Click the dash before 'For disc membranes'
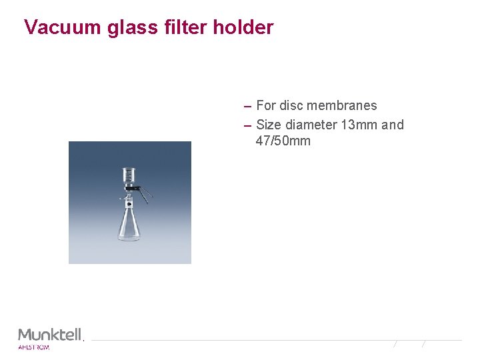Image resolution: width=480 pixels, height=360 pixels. click(247, 107)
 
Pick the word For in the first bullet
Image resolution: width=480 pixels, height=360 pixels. click(265, 105)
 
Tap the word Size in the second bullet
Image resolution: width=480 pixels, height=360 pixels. click(269, 125)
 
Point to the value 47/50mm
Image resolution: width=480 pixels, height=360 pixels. click(283, 141)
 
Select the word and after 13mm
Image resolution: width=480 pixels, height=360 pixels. click(393, 125)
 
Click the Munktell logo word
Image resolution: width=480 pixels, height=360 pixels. click(49, 334)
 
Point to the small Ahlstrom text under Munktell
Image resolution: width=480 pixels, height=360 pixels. click(33, 347)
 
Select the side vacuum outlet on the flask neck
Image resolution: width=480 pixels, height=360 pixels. click(122, 199)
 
